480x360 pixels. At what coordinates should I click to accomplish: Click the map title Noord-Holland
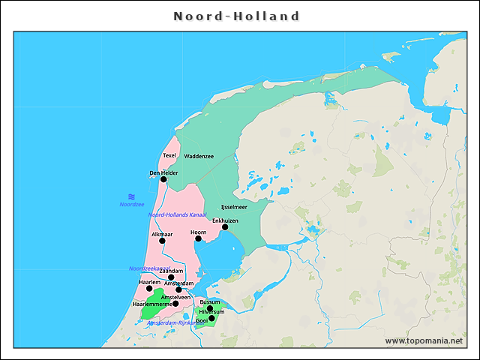click(237, 16)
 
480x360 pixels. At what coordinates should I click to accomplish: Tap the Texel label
click(169, 156)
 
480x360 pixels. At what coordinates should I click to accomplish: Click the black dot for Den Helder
click(163, 179)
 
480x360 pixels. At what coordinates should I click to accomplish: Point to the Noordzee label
click(131, 204)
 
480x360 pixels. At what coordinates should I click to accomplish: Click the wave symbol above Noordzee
click(131, 196)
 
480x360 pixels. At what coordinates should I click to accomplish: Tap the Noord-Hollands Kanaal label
click(177, 214)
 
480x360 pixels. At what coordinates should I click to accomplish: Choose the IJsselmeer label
click(234, 206)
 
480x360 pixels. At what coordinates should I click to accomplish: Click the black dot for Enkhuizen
click(225, 227)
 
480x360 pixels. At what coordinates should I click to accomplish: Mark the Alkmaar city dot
click(162, 241)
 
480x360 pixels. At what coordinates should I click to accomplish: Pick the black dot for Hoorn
click(198, 239)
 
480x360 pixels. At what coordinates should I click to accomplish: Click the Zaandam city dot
click(171, 277)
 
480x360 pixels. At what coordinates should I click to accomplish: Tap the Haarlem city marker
click(149, 289)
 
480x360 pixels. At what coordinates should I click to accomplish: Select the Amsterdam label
click(178, 283)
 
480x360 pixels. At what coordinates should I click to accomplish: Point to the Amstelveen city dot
click(175, 304)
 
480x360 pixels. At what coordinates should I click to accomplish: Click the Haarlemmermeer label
click(152, 304)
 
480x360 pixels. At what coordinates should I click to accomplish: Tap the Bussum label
click(210, 301)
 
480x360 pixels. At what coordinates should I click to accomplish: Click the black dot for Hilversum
click(209, 308)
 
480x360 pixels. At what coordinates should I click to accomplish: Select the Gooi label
click(201, 320)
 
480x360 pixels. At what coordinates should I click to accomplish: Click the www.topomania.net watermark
click(424, 340)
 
